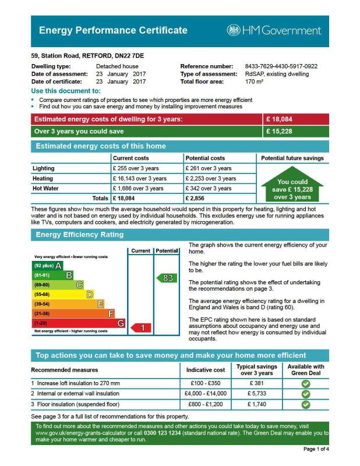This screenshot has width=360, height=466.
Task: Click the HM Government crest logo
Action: pyautogui.click(x=234, y=30)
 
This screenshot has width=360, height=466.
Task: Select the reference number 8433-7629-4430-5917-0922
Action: pyautogui.click(x=281, y=66)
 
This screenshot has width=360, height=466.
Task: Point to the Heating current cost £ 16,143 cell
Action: pyautogui.click(x=140, y=179)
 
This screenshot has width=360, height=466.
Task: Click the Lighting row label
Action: pyautogui.click(x=43, y=168)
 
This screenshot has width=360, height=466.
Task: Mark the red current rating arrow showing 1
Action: pyautogui.click(x=140, y=328)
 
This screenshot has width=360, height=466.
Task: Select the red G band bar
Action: pyautogui.click(x=78, y=323)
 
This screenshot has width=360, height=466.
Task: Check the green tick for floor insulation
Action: pyautogui.click(x=306, y=404)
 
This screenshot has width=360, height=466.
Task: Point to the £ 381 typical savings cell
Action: pyautogui.click(x=257, y=383)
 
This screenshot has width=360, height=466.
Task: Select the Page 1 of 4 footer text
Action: pyautogui.click(x=316, y=449)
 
